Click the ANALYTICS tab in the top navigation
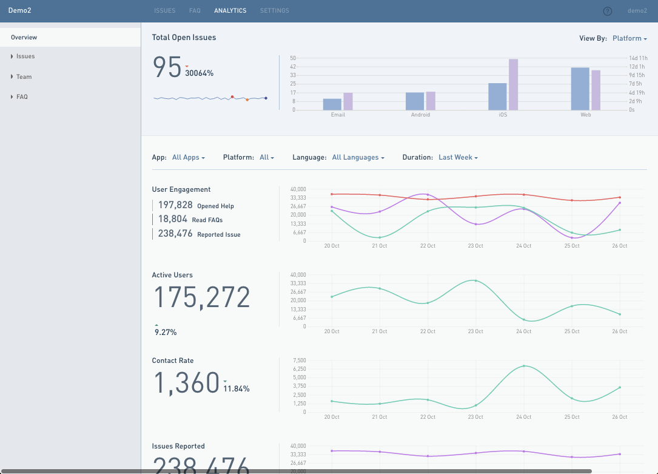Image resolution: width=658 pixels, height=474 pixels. (230, 11)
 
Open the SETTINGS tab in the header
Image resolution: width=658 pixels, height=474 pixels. (274, 11)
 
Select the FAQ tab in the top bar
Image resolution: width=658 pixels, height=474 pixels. (195, 11)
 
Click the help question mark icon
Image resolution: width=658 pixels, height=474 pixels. (608, 11)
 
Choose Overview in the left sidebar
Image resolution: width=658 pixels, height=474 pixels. (24, 38)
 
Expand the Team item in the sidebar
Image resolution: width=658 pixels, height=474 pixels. (24, 77)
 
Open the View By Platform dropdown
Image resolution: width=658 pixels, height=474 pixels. (629, 38)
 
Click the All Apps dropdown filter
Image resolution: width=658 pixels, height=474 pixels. (188, 158)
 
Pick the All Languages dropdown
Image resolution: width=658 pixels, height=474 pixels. (358, 158)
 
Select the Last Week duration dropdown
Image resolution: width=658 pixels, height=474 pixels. (458, 158)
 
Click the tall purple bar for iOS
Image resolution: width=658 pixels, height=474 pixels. (513, 84)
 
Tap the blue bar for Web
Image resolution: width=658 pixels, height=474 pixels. (580, 89)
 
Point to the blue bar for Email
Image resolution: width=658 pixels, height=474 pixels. (332, 104)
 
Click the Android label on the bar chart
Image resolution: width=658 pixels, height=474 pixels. (420, 115)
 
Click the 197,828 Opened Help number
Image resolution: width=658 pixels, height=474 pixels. (175, 205)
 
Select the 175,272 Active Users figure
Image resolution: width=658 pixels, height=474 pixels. (201, 297)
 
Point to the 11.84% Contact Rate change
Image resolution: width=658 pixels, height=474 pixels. (237, 388)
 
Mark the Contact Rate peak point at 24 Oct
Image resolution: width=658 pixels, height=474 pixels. (523, 366)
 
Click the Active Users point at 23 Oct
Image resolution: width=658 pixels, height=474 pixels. (475, 280)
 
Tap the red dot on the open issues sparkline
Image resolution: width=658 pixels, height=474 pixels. (232, 96)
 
